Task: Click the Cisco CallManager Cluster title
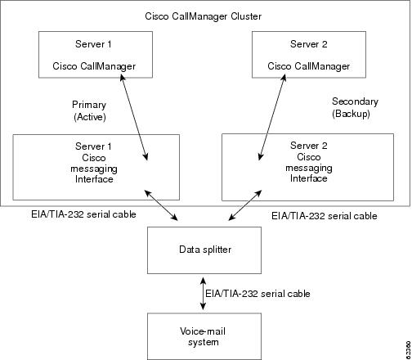[x=203, y=16]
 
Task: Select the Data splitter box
[x=204, y=250]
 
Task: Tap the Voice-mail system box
[x=204, y=336]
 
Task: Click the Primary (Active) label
[x=89, y=110]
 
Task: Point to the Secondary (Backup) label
[x=355, y=107]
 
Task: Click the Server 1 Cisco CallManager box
[x=96, y=55]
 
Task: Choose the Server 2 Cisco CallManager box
[x=309, y=55]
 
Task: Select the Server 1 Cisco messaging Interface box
[x=96, y=167]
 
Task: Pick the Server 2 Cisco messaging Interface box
[x=307, y=167]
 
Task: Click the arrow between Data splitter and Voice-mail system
[x=203, y=294]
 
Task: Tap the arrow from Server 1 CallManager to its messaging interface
[x=134, y=118]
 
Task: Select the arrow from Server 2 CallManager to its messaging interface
[x=272, y=118]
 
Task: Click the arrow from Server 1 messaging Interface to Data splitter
[x=161, y=205]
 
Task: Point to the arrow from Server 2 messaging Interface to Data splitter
[x=245, y=205]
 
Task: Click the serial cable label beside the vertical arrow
[x=257, y=294]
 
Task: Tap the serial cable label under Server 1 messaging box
[x=83, y=214]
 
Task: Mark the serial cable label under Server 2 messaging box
[x=325, y=216]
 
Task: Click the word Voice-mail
[x=203, y=331]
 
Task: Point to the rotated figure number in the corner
[x=408, y=349]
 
